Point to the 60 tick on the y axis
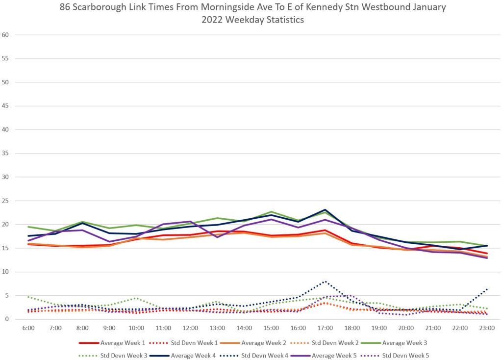pyautogui.click(x=6, y=35)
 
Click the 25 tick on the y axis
pyautogui.click(x=6, y=201)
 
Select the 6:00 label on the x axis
pyautogui.click(x=28, y=327)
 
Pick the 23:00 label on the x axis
pyautogui.click(x=487, y=327)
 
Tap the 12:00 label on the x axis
pyautogui.click(x=190, y=327)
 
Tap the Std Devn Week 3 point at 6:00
pyautogui.click(x=28, y=297)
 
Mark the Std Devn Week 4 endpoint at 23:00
pyautogui.click(x=487, y=289)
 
